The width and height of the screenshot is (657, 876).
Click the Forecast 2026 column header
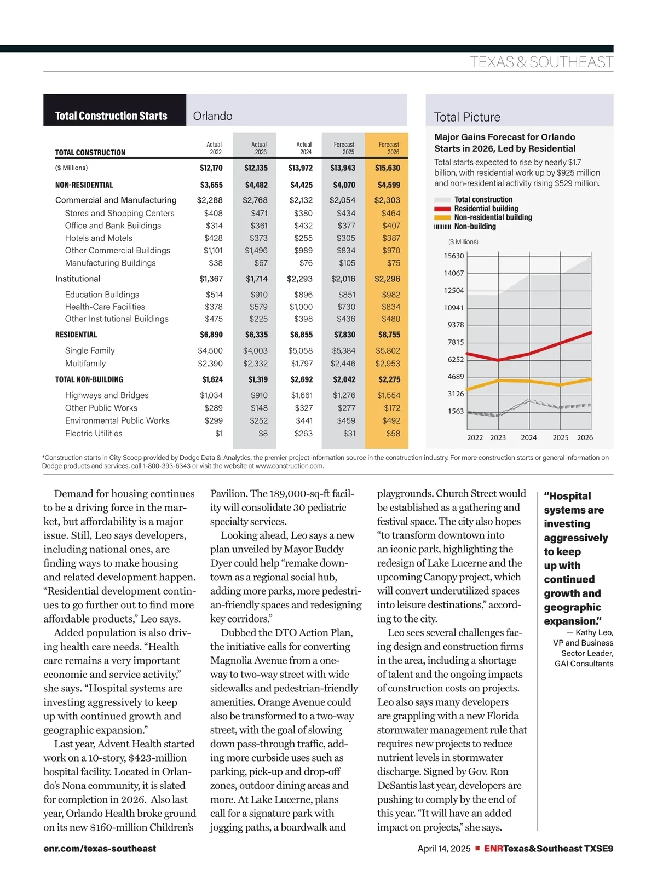click(389, 148)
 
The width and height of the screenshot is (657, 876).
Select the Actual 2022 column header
click(215, 148)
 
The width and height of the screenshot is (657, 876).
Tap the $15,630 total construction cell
click(387, 168)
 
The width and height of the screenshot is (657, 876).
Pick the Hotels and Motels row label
click(99, 238)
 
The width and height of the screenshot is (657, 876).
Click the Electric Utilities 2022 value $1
click(219, 434)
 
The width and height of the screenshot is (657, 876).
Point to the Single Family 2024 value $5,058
click(300, 351)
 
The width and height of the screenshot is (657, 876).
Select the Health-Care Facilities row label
click(105, 307)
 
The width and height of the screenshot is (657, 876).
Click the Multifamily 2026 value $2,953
click(388, 364)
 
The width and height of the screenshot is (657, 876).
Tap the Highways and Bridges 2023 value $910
click(259, 395)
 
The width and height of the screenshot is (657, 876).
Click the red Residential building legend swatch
click(442, 209)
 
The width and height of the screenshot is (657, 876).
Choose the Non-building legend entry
click(475, 227)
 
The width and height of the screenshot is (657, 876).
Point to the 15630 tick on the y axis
click(454, 256)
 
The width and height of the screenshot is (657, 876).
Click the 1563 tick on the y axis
click(456, 411)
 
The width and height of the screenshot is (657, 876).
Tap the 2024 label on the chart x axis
click(528, 437)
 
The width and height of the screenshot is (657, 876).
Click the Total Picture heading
click(467, 117)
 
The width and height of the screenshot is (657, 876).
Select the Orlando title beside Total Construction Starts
click(212, 116)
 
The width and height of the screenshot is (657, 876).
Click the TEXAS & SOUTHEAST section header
click(541, 62)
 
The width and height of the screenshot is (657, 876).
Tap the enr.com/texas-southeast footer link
click(100, 849)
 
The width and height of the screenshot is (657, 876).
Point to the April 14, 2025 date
click(444, 849)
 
